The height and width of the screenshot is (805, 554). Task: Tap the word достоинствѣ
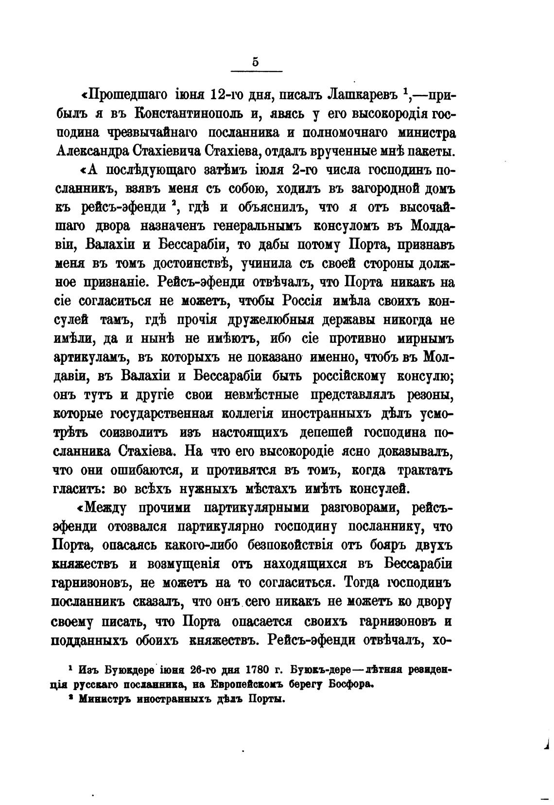coord(194,264)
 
